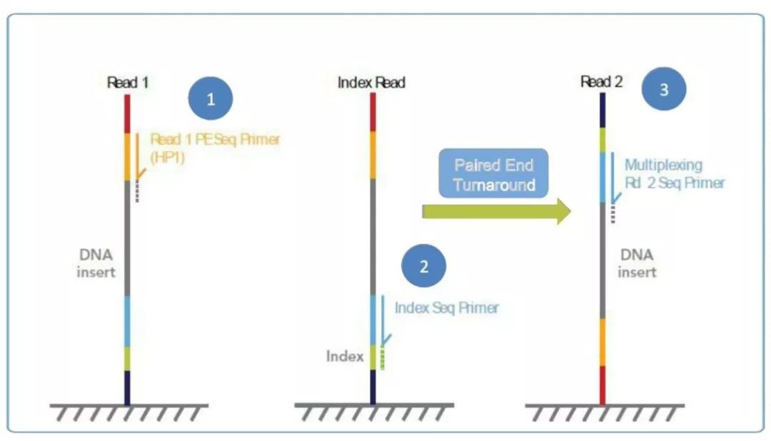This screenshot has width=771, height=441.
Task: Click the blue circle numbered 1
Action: click(211, 98)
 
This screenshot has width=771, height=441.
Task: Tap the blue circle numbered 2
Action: click(423, 266)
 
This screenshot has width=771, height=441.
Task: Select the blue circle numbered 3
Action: click(664, 89)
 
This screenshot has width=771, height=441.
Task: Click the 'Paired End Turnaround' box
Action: click(493, 173)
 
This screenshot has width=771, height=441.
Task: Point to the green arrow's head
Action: click(564, 211)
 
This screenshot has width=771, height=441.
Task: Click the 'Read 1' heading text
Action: click(128, 82)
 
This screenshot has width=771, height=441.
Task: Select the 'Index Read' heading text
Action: click(371, 82)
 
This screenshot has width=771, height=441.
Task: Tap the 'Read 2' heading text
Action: click(601, 81)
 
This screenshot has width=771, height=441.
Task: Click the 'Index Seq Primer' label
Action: click(446, 308)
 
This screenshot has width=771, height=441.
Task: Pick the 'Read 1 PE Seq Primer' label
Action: click(215, 139)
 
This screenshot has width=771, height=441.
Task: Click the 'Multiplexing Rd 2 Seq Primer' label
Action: click(675, 173)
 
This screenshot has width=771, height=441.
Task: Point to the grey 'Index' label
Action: click(345, 356)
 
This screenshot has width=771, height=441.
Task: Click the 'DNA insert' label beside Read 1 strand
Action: click(96, 263)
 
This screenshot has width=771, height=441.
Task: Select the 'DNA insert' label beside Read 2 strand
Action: click(637, 263)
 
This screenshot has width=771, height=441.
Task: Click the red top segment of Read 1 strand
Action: click(127, 113)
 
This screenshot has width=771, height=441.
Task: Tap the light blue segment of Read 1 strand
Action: click(127, 322)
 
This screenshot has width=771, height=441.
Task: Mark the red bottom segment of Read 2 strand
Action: click(603, 385)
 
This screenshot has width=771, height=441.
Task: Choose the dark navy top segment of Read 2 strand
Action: click(603, 110)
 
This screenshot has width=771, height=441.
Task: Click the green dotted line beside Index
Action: click(383, 358)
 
